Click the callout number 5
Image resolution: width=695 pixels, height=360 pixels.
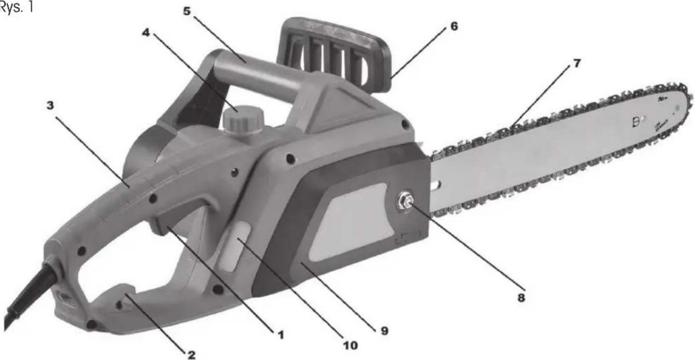click(x=187, y=11)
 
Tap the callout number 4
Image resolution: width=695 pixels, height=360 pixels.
click(x=146, y=32)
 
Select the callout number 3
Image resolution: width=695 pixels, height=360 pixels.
click(x=50, y=105)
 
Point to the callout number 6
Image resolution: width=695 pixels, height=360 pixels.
click(x=454, y=26)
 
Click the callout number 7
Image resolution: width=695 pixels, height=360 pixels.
click(x=576, y=63)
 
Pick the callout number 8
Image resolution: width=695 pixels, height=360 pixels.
click(x=521, y=298)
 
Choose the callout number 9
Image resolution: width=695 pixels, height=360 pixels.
click(x=385, y=331)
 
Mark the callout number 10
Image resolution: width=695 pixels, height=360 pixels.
click(x=350, y=345)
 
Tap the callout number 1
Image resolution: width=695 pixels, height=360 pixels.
click(x=281, y=335)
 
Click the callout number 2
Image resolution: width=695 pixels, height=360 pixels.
click(x=191, y=355)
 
